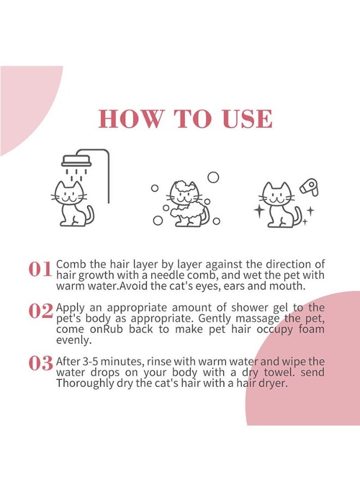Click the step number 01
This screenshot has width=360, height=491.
40,269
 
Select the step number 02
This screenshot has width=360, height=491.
40,310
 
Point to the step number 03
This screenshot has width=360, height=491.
40,363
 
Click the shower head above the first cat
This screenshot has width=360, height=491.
76,161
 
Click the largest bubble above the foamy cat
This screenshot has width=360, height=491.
213,177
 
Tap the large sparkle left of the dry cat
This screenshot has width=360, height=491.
260,211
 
